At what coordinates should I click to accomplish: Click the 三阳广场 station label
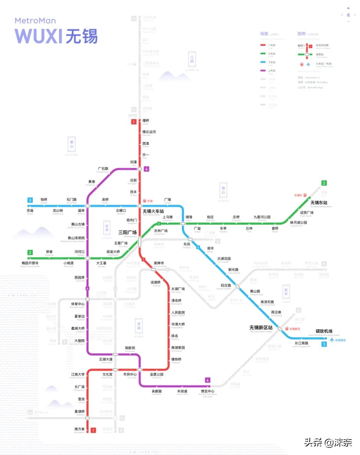tap(127, 232)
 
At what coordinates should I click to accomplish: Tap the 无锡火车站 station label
tap(153, 211)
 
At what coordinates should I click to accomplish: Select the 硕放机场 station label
tap(324, 331)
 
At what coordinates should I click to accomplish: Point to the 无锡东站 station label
tap(319, 203)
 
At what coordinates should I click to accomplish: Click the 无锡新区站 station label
tap(261, 328)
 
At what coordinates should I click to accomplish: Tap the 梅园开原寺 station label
tap(30, 263)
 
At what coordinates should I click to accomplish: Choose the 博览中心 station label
tap(207, 391)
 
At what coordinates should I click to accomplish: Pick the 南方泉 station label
tap(79, 429)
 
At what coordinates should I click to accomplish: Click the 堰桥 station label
tap(146, 121)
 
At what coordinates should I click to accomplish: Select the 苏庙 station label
tap(30, 211)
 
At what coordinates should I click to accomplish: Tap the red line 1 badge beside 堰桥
tap(134, 122)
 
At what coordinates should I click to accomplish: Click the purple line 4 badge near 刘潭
tap(147, 169)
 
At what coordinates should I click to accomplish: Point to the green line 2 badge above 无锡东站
tap(324, 183)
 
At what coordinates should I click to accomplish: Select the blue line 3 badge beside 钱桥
tap(30, 200)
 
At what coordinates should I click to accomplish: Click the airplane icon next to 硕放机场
tap(332, 340)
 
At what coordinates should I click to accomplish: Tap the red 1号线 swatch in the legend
tap(263, 45)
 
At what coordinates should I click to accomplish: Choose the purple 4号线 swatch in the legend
tap(263, 71)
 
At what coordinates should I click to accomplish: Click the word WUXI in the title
tap(38, 36)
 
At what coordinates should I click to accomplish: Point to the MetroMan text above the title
tap(35, 21)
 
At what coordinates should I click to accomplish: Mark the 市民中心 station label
tap(130, 374)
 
